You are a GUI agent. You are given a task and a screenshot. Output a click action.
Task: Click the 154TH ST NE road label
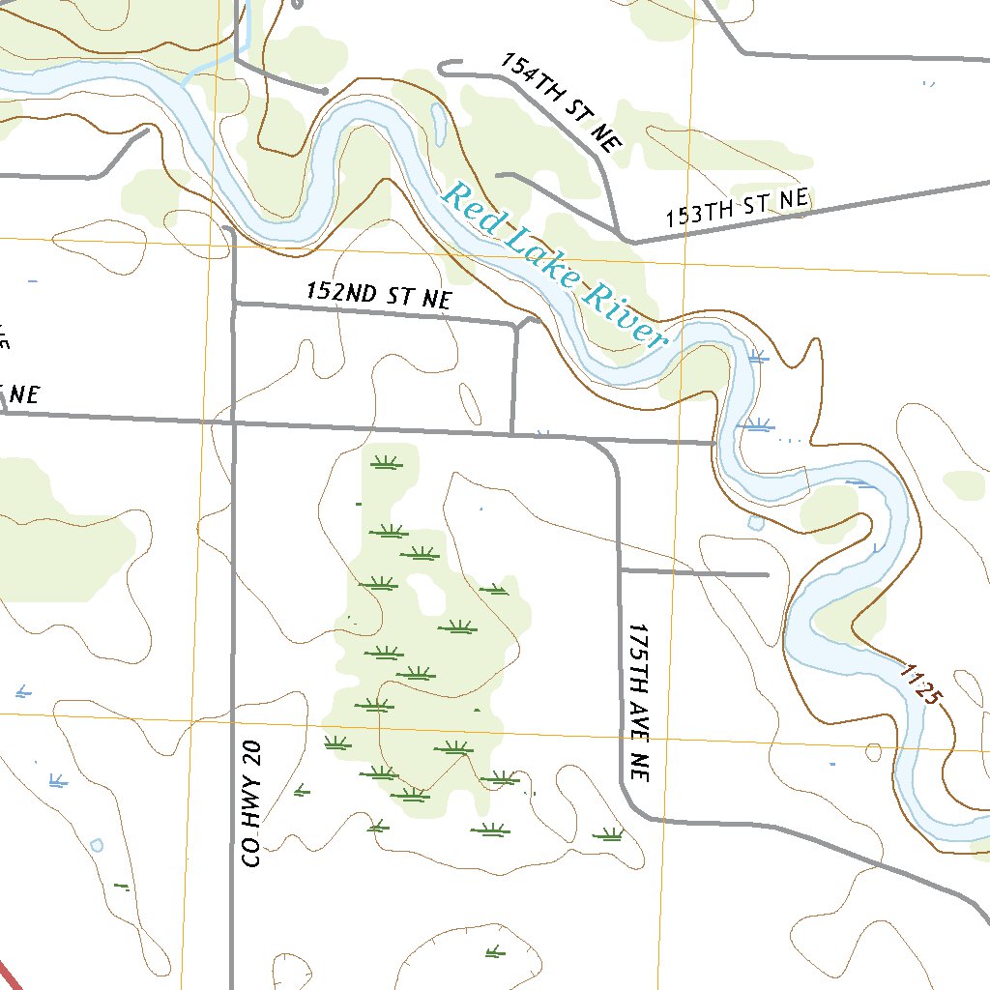click(559, 102)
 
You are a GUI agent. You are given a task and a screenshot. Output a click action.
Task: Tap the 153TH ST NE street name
click(736, 209)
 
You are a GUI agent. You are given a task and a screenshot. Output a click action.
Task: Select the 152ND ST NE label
click(378, 295)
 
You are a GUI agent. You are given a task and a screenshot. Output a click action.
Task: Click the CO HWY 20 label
click(251, 803)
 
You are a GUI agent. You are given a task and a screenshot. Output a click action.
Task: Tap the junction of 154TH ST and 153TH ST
click(621, 238)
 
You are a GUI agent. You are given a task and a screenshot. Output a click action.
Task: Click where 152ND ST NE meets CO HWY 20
click(235, 304)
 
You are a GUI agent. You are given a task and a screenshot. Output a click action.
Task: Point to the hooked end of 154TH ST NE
click(444, 68)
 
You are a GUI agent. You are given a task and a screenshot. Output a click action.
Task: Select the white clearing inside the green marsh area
click(422, 594)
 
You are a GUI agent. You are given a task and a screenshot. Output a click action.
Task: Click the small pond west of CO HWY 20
click(96, 845)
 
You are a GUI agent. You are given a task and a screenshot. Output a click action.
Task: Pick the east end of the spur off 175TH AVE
click(767, 574)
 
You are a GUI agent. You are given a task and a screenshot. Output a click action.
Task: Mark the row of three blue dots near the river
click(790, 440)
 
